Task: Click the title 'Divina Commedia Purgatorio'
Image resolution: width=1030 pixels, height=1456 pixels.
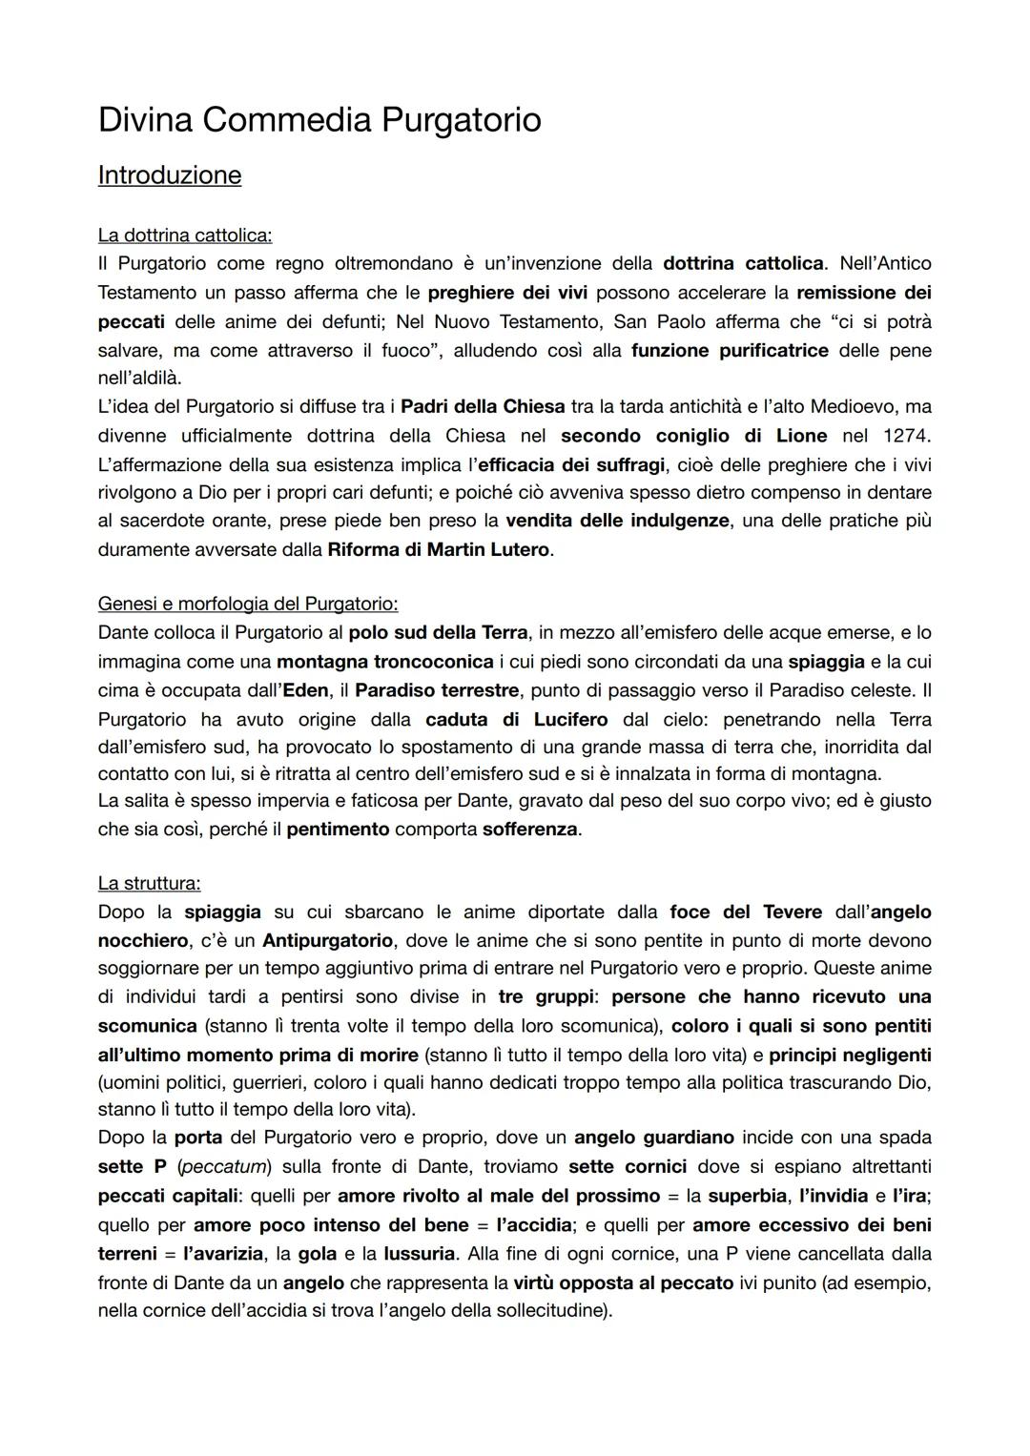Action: coord(319,120)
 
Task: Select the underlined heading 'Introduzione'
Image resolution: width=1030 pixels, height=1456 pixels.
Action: coord(170,175)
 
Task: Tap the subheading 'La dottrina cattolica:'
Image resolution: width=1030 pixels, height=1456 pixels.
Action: coord(184,235)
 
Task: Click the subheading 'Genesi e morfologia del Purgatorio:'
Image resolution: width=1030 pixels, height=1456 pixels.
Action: coord(248,604)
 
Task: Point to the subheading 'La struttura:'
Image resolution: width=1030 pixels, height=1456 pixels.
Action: coord(149,883)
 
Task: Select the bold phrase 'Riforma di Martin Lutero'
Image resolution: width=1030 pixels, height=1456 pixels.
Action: coord(439,550)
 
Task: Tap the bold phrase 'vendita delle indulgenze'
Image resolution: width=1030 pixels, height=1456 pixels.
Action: coord(617,521)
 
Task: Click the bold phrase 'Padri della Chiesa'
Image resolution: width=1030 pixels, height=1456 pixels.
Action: coord(483,407)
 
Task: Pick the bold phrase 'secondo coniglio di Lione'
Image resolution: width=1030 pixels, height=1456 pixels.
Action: coord(693,436)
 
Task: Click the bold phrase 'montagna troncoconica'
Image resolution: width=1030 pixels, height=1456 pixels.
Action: coord(385,661)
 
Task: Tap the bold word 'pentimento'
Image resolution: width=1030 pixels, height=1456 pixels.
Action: coord(338,830)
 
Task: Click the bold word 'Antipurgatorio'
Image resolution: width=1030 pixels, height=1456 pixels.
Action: coord(327,940)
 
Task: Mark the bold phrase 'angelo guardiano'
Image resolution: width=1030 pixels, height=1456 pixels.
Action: coord(654,1138)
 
